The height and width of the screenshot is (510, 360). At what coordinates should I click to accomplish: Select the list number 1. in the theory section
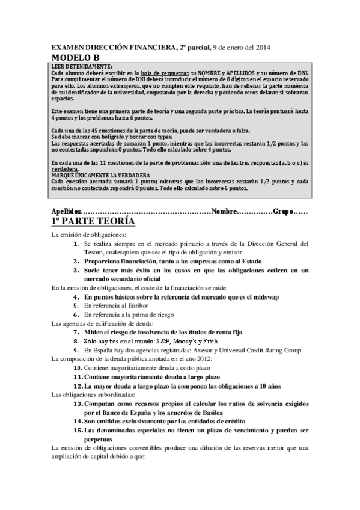[x=76, y=244]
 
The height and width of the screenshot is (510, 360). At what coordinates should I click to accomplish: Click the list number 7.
[x=76, y=332]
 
